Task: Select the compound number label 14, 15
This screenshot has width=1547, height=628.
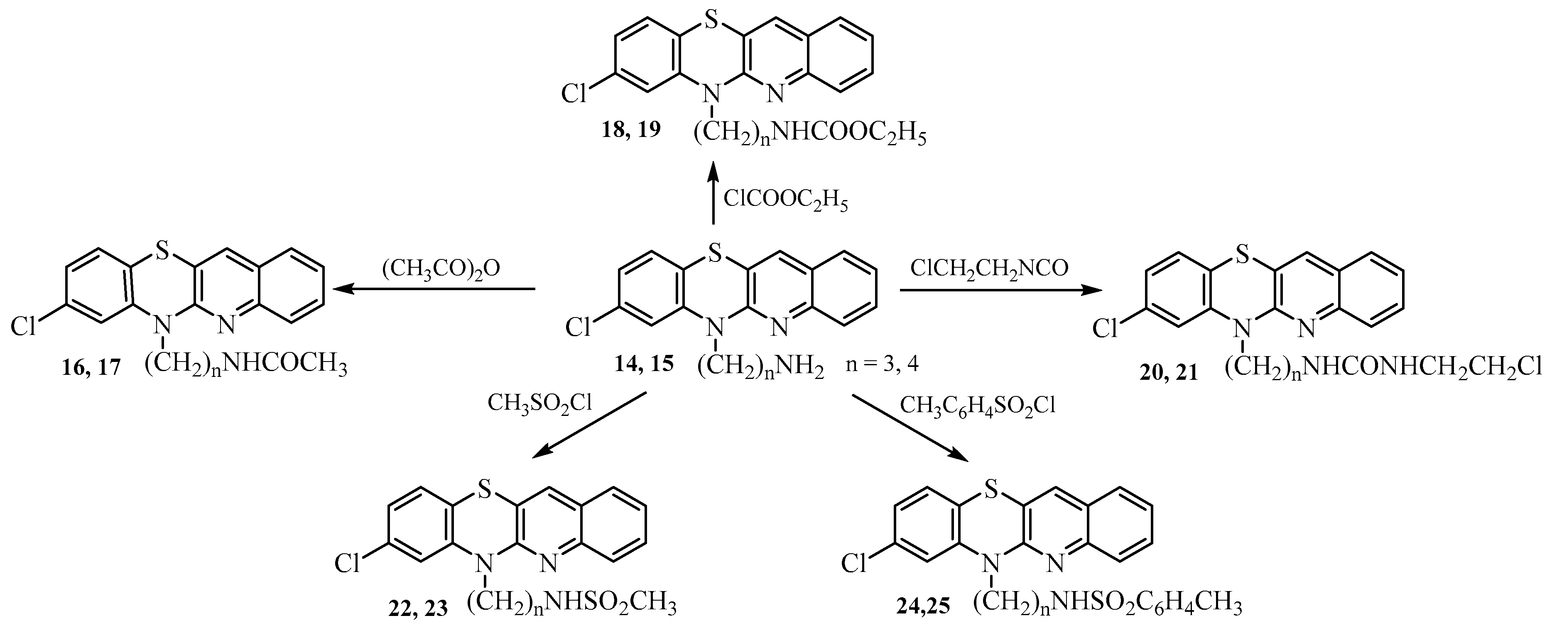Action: (x=644, y=364)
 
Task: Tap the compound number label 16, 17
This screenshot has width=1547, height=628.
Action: (x=91, y=367)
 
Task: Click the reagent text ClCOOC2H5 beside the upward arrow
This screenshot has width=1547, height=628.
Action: (x=785, y=199)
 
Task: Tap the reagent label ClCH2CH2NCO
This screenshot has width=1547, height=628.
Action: (x=989, y=268)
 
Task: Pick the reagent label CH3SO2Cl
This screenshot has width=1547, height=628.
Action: (x=539, y=403)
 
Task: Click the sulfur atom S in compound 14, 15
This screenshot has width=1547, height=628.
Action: (x=713, y=254)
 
